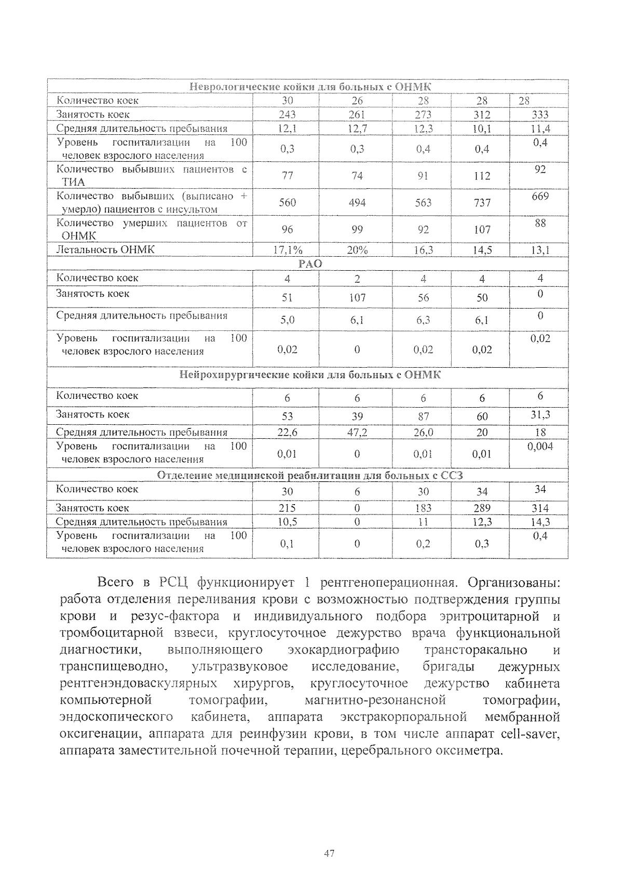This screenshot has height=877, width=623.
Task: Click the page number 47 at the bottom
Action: tap(329, 853)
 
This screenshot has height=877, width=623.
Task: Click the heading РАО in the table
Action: tap(310, 264)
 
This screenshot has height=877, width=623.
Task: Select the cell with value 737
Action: tap(482, 203)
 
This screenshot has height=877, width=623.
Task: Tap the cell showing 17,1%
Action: tap(287, 250)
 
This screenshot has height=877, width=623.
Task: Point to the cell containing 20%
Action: tap(357, 250)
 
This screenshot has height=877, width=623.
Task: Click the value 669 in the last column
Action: tap(540, 197)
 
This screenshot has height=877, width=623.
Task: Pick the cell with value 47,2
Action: tap(357, 433)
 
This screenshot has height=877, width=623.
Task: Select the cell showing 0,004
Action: tap(540, 447)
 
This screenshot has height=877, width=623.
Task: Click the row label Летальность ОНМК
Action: tap(105, 249)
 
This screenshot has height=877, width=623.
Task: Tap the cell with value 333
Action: tap(540, 115)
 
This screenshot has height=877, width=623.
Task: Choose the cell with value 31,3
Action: tap(540, 414)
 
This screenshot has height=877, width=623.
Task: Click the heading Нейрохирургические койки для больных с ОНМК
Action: tap(310, 374)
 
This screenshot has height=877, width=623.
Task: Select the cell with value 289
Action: tap(482, 508)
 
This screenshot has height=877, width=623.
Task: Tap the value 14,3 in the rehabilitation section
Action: tap(540, 522)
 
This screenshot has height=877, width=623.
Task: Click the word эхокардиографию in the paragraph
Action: tap(343, 650)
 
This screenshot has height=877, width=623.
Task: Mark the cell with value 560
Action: tap(287, 203)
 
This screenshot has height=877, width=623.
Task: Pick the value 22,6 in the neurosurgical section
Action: tap(287, 433)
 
